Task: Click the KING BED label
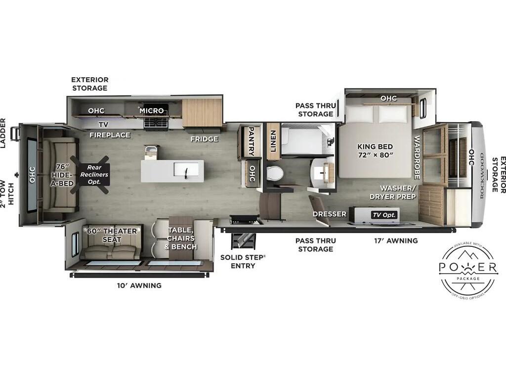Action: pos(375,146)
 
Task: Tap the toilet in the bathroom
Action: pos(275,174)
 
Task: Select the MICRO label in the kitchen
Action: pos(152,111)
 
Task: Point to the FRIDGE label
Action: pos(204,139)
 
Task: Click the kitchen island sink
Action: pos(186,170)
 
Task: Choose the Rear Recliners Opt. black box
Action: pos(94,175)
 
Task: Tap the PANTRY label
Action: pos(251,141)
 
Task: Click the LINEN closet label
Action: pos(273,141)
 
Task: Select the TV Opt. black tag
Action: pos(384,215)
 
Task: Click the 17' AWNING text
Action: pos(396,241)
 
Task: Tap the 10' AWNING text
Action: pos(139,285)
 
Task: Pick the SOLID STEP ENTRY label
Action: pos(243,262)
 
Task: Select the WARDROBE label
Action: pos(417,157)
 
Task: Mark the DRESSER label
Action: pos(329,214)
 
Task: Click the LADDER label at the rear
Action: pos(3,133)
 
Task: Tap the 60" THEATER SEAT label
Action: pos(112,235)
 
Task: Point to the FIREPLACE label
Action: pos(110,135)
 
